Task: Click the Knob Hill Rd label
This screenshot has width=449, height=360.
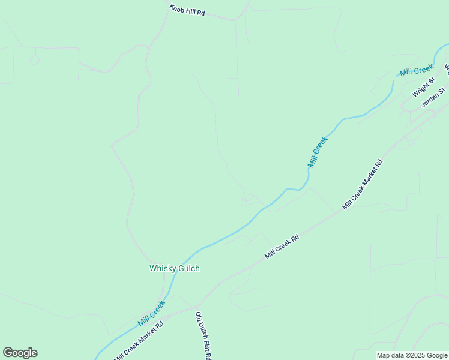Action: point(187,10)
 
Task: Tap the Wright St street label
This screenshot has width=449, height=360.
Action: point(423,89)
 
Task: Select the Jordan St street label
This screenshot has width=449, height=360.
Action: point(433,98)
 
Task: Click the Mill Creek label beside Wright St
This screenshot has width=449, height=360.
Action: point(417,71)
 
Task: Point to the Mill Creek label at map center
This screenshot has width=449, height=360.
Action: point(318,152)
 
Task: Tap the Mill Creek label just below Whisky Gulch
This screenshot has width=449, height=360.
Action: point(151,313)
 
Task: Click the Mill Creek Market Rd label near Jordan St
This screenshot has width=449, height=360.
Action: point(362,184)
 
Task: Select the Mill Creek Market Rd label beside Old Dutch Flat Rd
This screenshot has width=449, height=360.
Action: point(137,338)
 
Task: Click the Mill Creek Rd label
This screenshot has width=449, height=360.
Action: point(282,247)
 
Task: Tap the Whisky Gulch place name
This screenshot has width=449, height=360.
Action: point(174,269)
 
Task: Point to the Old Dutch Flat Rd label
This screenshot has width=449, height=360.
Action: point(203,336)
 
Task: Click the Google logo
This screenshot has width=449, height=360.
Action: point(20,353)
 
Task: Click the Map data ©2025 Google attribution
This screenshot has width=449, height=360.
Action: point(412,355)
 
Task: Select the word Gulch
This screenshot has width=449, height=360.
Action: point(188,269)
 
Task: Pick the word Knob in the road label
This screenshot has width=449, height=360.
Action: point(176,8)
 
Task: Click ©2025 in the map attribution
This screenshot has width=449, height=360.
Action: point(412,355)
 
